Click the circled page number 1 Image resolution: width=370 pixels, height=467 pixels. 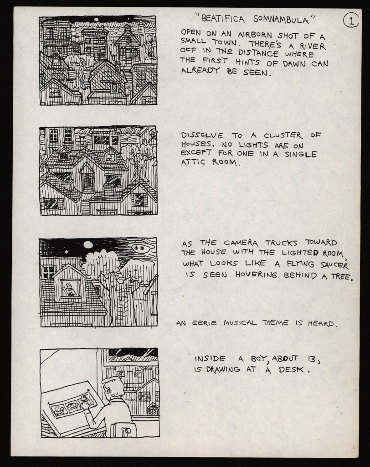pyautogui.click(x=351, y=21)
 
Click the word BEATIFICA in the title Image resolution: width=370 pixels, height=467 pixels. pyautogui.click(x=223, y=19)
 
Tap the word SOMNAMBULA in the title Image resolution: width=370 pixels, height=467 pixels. pyautogui.click(x=281, y=20)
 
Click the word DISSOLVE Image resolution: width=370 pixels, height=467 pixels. pyautogui.click(x=202, y=135)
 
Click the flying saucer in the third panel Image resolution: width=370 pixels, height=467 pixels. pyautogui.click(x=141, y=247)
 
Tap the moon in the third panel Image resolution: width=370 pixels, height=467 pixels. pyautogui.click(x=89, y=245)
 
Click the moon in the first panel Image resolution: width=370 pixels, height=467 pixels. pyautogui.click(x=96, y=20)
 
